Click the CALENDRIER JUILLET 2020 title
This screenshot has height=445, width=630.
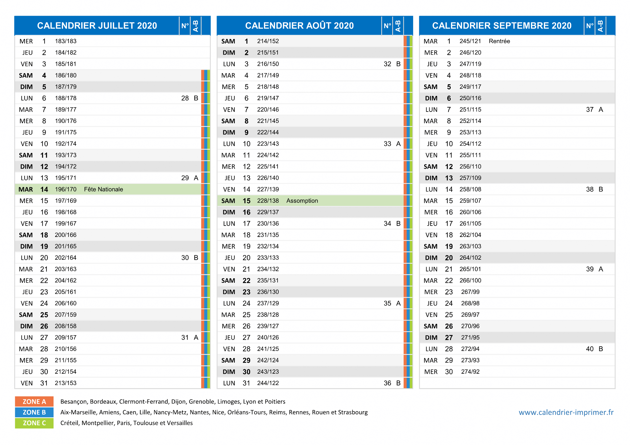click(x=97, y=26)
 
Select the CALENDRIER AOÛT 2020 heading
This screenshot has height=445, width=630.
click(x=299, y=26)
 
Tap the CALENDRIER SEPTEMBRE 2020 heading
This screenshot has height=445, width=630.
click(x=502, y=26)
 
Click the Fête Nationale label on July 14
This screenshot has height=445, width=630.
click(x=103, y=189)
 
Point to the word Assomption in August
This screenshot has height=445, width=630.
click(x=302, y=201)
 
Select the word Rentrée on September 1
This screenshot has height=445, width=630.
click(x=499, y=41)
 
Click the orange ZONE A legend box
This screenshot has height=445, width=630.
click(x=34, y=402)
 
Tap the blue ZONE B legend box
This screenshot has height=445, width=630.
click(x=34, y=412)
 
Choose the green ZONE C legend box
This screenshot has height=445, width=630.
click(x=34, y=423)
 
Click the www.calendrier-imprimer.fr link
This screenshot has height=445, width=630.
click(x=566, y=412)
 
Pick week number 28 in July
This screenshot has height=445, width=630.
click(x=185, y=98)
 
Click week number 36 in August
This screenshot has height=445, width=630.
click(x=387, y=383)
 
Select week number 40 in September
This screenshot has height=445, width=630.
click(x=590, y=349)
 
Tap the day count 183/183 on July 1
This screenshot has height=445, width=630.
click(x=66, y=41)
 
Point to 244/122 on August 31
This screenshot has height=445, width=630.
click(x=268, y=383)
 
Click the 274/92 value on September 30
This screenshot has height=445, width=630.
click(x=470, y=372)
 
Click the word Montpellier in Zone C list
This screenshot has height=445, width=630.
click(x=98, y=423)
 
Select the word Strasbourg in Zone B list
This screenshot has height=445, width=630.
click(x=353, y=412)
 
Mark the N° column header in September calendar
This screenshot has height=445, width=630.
click(x=590, y=26)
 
